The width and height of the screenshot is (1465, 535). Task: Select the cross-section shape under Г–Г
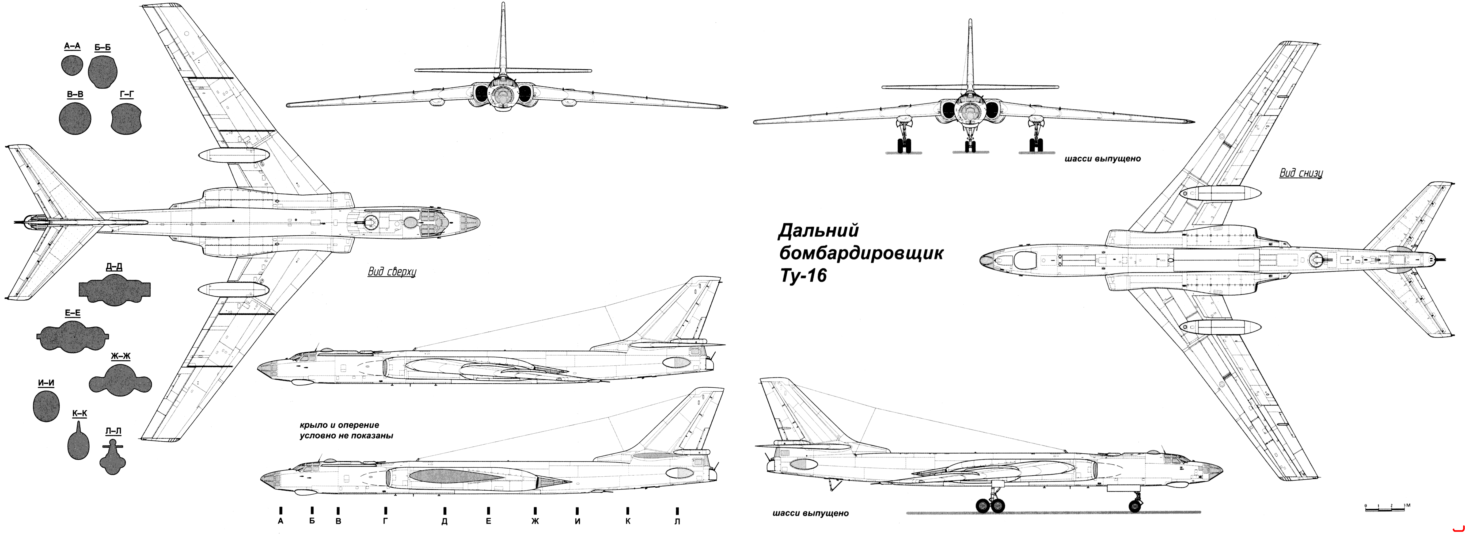point(126,119)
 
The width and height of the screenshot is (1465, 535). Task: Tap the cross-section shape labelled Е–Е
point(72,335)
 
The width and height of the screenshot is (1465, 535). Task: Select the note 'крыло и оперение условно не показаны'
point(346,430)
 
